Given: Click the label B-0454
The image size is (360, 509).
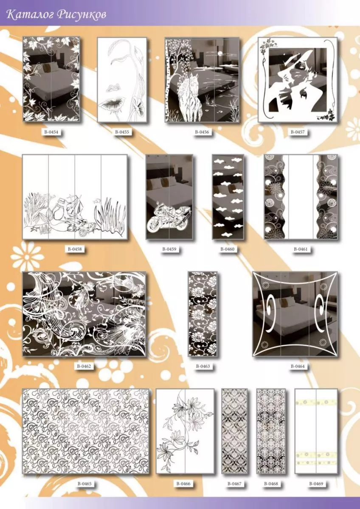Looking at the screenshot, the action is point(51,132).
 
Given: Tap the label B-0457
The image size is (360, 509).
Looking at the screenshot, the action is point(298,132).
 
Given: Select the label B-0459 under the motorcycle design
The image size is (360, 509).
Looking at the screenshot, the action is point(169,249).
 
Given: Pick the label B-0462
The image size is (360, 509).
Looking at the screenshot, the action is point(84,366).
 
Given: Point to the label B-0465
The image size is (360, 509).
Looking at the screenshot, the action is point(84,484).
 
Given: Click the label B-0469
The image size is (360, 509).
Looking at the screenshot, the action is point(316,484).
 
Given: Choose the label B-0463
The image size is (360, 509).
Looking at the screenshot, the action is point(203,366).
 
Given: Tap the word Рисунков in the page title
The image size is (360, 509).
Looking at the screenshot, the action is point(82,15).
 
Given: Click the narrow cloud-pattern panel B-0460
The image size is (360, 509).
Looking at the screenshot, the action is point(228,197).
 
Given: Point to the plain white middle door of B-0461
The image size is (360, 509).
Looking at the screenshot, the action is point(301,197).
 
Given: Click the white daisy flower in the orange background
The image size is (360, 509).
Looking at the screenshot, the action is point(27,256).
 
